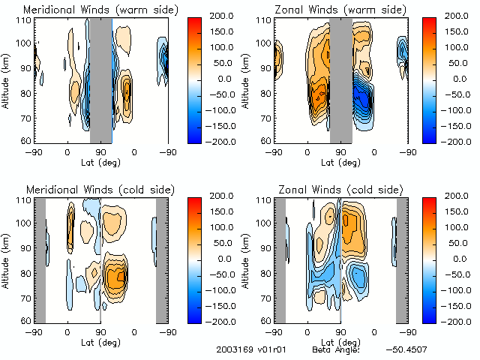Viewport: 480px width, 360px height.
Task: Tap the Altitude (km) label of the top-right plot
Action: [247, 79]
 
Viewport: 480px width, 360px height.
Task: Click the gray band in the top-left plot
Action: [100, 79]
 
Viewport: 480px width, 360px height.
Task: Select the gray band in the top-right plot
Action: [341, 79]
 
